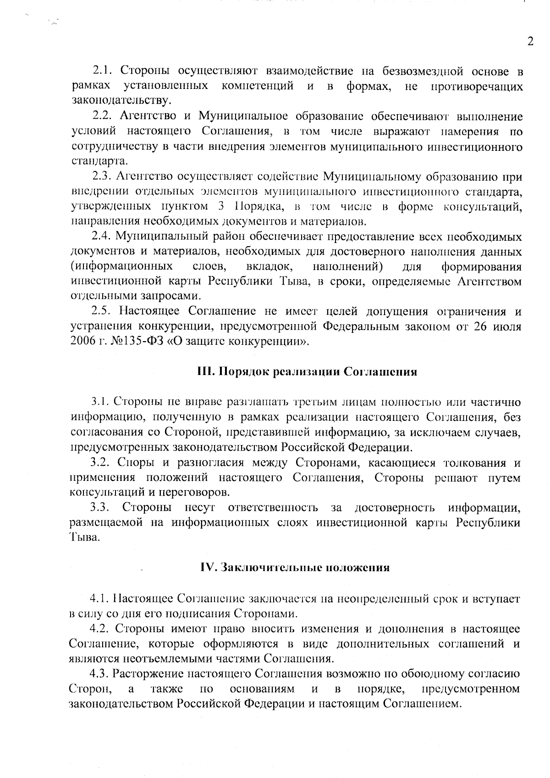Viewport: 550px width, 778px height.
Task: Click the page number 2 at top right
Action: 531,42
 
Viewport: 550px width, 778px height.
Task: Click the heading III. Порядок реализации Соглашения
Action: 306,371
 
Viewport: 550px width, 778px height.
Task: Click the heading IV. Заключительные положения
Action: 295,567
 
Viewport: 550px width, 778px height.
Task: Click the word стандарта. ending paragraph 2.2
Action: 99,161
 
